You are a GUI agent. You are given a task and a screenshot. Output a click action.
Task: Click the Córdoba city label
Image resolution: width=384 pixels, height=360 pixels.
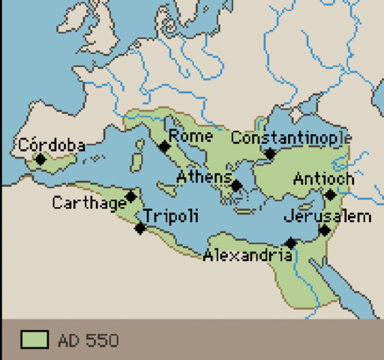coord(51,145)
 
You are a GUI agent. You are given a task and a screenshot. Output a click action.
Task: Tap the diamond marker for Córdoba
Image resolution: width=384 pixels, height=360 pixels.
coord(40,159)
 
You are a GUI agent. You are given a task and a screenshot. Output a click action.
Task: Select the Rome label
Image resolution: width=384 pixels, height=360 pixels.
coord(190,136)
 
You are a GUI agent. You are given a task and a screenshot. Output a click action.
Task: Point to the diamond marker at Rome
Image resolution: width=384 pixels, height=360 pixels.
coord(164,147)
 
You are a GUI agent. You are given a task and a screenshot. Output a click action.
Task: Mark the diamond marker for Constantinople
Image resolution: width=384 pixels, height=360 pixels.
coord(271,154)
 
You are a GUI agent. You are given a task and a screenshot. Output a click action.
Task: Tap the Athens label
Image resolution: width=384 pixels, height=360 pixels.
coord(203,177)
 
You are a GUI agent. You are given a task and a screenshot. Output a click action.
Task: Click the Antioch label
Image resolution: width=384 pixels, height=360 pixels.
coord(323,179)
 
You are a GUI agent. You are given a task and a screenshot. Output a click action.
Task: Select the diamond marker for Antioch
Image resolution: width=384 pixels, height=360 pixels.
coord(330,195)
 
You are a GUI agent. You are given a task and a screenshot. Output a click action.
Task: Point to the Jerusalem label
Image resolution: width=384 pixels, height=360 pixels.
coord(328,216)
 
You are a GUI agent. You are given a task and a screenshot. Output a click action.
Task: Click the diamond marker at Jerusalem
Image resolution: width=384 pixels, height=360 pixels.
coord(324,230)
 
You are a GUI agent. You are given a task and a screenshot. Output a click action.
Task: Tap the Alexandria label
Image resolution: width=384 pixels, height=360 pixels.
coord(247,256)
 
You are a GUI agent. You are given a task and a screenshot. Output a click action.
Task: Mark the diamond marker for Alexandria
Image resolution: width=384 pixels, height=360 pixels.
coord(291,243)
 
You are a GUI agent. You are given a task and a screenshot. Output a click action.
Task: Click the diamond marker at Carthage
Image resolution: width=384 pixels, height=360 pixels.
coord(131,196)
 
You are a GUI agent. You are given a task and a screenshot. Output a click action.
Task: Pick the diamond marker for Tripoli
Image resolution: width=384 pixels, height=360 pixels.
coord(139,228)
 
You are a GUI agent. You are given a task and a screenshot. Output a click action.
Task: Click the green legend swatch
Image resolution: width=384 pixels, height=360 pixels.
coord(34,340)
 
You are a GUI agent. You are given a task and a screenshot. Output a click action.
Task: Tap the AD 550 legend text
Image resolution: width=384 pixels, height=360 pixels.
coord(88,340)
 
